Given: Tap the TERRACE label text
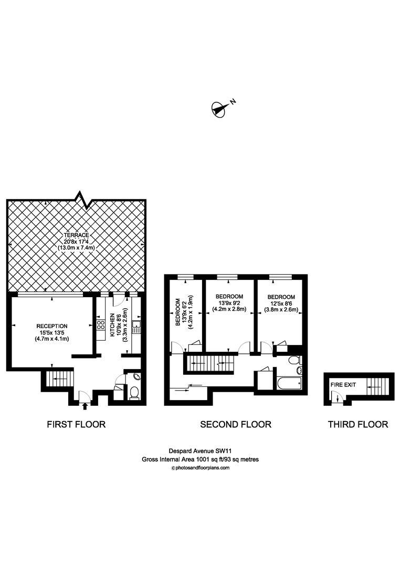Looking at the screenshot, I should [76, 234].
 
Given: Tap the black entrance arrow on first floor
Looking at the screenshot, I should [85, 405].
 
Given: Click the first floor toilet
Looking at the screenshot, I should [133, 392].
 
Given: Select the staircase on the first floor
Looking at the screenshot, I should [52, 377].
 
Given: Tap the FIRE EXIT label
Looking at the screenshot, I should [343, 385].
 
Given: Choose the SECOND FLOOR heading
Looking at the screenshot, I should [236, 424].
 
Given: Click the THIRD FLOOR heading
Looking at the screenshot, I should [358, 424].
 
